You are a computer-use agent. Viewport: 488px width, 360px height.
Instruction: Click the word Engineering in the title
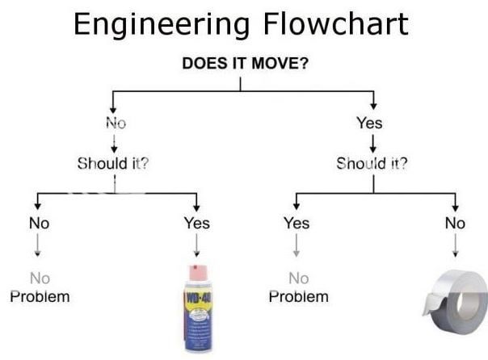point(154,25)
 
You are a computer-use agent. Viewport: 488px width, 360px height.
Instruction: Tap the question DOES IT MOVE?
point(244,63)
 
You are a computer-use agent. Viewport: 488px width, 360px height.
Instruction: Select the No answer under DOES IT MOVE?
point(115,123)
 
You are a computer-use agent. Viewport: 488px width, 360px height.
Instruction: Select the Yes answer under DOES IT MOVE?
point(370,123)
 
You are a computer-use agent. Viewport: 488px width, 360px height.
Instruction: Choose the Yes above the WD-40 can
point(196,223)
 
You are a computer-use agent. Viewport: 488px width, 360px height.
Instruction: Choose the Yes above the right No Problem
point(297,223)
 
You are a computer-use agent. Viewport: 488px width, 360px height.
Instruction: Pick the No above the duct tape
point(455,223)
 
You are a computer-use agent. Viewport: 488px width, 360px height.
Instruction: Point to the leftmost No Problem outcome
point(40,287)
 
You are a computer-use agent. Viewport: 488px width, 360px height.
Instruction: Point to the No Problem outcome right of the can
point(298,287)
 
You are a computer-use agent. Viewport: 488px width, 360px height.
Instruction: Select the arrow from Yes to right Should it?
point(372,143)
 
